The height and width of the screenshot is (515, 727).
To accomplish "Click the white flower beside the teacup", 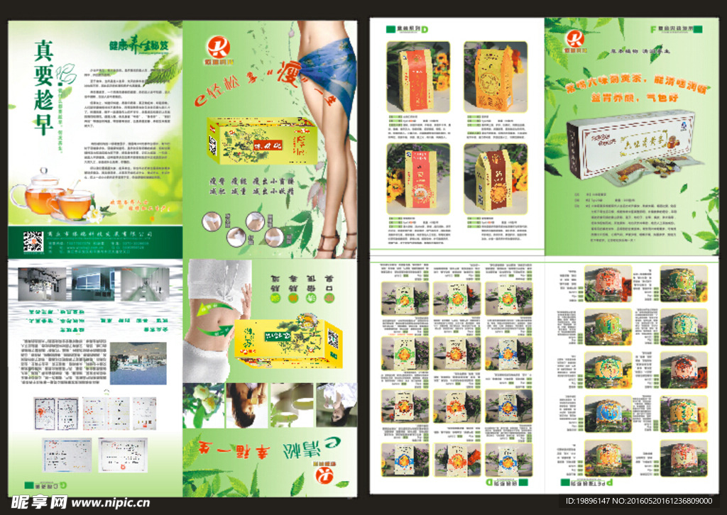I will (93, 212).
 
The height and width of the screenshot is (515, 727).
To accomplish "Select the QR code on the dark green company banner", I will (32, 242).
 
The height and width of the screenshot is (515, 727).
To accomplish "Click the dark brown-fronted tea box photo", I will (495, 180).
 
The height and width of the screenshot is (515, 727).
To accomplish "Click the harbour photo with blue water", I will (138, 363).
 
